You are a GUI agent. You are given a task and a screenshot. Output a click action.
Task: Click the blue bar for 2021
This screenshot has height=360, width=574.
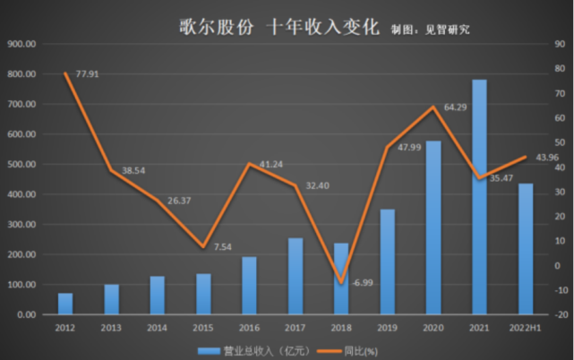479,197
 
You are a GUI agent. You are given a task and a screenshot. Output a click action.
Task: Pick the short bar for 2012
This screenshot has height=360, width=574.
65,304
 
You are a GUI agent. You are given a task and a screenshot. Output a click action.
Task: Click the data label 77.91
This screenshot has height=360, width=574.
88,73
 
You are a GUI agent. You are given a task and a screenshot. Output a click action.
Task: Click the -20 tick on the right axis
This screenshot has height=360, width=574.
559,315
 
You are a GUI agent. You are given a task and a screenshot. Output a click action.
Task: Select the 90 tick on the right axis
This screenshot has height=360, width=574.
559,44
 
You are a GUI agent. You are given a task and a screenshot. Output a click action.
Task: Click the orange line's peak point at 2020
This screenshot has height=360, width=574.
433,107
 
